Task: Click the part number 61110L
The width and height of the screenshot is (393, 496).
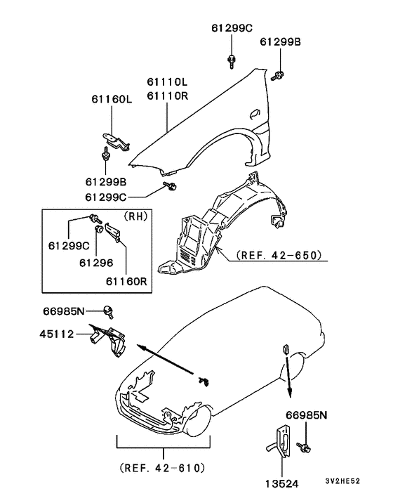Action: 168,83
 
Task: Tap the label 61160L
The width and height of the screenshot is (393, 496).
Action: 109,100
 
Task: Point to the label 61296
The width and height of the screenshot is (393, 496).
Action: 94,261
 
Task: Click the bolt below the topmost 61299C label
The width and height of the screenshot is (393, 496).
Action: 231,62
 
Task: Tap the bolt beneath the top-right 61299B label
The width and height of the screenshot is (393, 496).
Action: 280,74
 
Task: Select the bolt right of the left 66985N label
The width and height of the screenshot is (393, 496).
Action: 109,309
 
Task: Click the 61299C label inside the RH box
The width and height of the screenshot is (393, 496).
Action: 69,246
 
